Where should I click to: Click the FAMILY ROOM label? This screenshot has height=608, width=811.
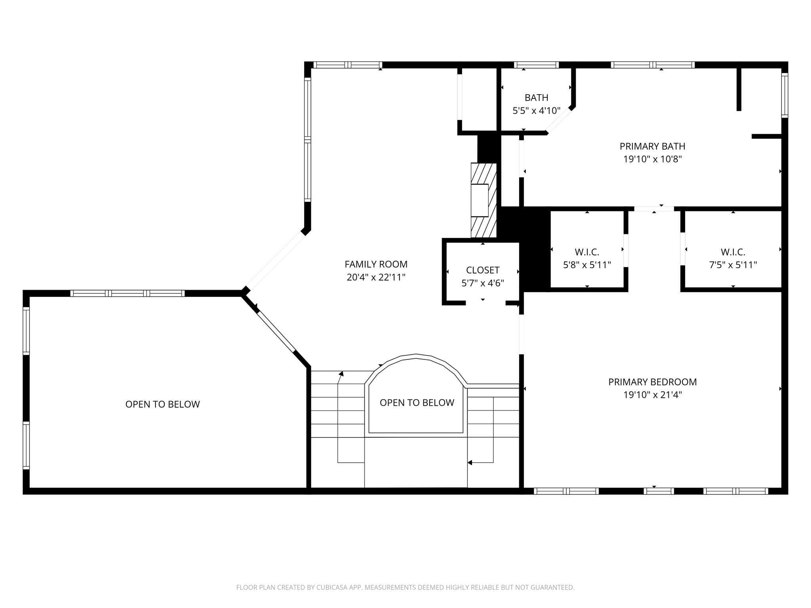(376, 264)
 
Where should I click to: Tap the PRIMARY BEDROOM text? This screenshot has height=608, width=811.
(652, 382)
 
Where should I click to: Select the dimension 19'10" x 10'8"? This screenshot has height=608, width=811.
(652, 159)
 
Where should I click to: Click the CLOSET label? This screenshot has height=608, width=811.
(482, 270)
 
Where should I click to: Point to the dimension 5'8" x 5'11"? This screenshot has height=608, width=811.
(587, 265)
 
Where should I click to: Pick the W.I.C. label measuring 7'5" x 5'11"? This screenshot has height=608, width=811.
(733, 252)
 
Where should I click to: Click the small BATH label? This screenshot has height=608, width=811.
(536, 97)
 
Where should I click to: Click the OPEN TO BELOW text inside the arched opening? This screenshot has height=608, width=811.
(417, 403)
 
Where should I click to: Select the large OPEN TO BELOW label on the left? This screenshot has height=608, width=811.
(162, 404)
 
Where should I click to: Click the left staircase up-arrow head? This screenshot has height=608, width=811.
(341, 373)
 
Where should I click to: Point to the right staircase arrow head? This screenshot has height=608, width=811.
(470, 462)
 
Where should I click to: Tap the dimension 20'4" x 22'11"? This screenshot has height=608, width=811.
(376, 277)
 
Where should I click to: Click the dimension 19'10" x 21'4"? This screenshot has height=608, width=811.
(652, 395)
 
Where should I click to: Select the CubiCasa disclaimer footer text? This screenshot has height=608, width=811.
(405, 587)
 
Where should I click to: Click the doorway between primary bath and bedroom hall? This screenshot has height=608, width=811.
(654, 209)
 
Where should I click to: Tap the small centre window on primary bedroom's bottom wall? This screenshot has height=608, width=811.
(658, 491)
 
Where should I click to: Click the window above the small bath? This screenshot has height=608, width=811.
(536, 65)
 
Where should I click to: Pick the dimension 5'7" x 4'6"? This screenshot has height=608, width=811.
(482, 283)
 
